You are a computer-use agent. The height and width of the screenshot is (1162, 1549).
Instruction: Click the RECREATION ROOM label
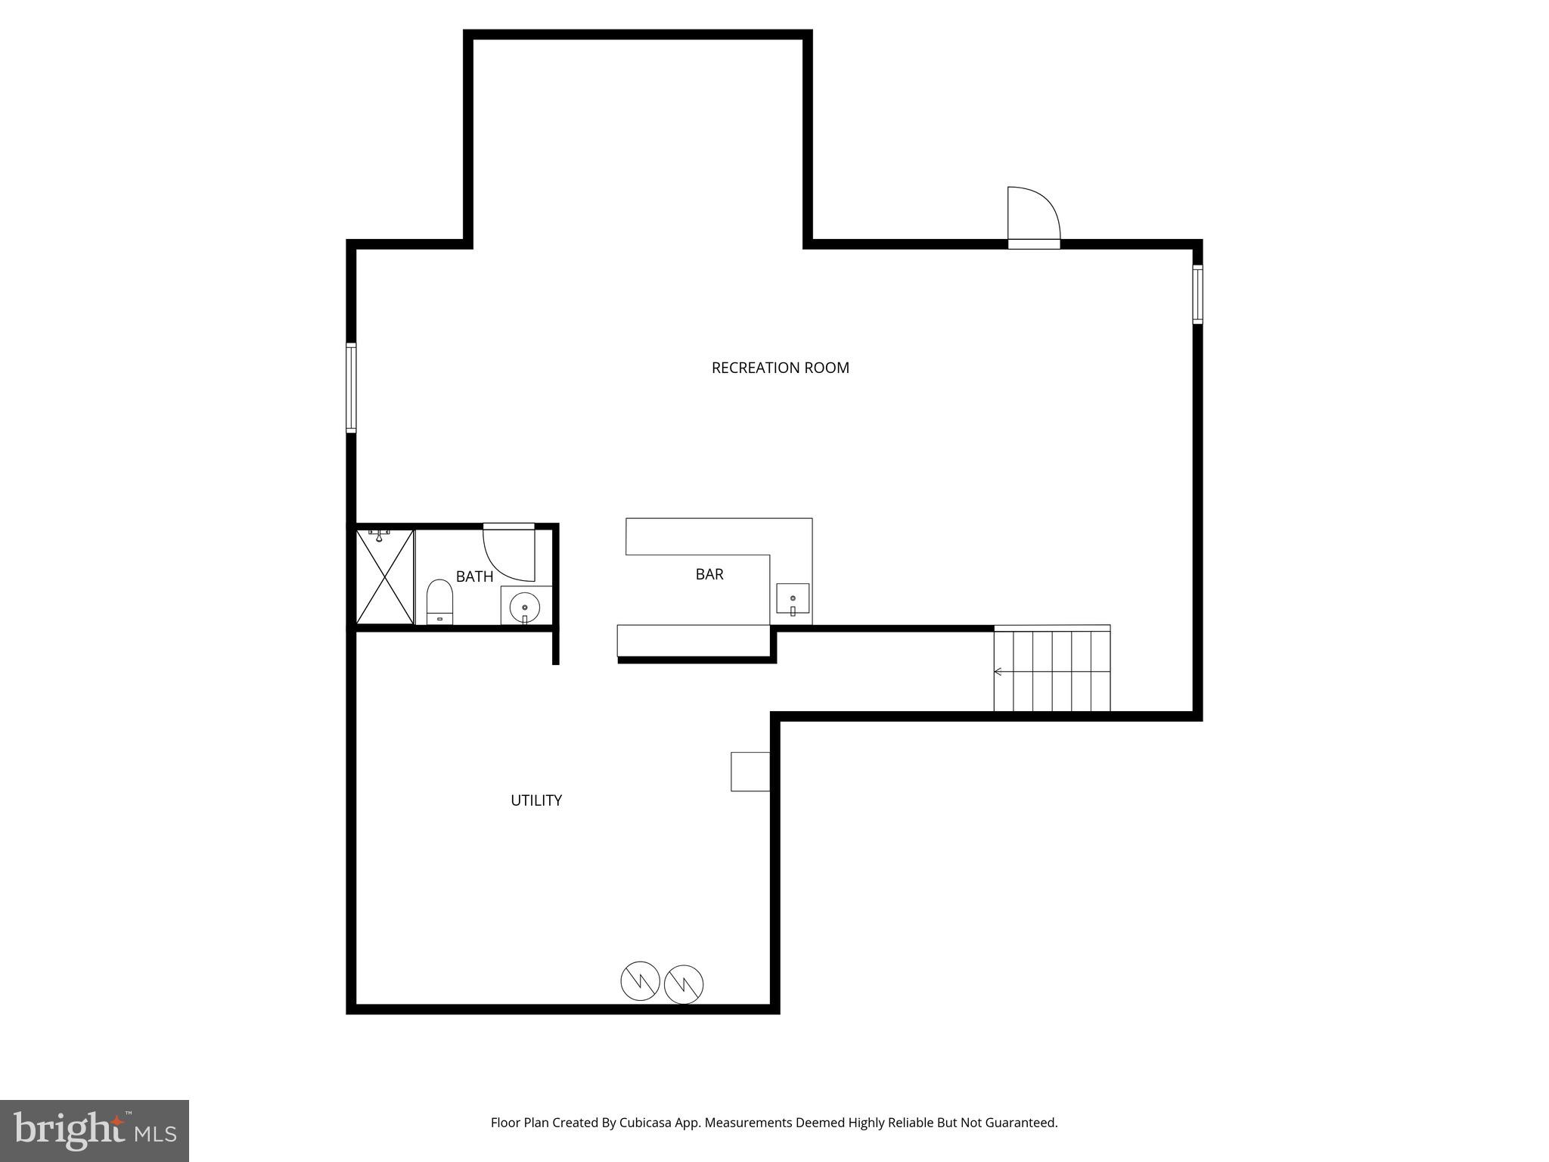[x=780, y=368]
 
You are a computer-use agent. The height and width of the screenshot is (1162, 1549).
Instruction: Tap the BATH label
[x=474, y=576]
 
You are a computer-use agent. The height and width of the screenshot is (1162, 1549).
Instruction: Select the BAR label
[x=709, y=574]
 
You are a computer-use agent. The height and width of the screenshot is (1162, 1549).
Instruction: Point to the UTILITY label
[x=535, y=800]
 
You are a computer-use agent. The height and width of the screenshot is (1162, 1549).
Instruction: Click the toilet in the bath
[x=439, y=601]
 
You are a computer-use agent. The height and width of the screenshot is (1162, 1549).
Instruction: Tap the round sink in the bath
[x=524, y=607]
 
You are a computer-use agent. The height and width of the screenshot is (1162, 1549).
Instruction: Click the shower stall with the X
[x=385, y=576]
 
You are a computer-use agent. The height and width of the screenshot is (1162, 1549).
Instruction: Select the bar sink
[x=793, y=599]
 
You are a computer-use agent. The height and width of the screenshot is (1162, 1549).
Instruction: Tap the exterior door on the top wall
[x=1033, y=217]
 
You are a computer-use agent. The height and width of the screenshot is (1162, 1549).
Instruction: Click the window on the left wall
[x=351, y=388]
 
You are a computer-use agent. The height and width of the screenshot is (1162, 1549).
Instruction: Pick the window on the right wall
[x=1197, y=294]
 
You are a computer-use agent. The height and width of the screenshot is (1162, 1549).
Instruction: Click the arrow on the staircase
[x=998, y=671]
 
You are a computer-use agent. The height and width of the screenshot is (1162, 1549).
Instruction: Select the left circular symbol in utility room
[x=640, y=981]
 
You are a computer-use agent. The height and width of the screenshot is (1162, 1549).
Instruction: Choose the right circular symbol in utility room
[x=684, y=984]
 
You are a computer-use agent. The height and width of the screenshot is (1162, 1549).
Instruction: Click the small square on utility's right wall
[x=750, y=772]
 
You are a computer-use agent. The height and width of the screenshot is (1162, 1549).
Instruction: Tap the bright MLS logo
[x=95, y=1130]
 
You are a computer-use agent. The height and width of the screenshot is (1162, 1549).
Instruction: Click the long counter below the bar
[x=693, y=641]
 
